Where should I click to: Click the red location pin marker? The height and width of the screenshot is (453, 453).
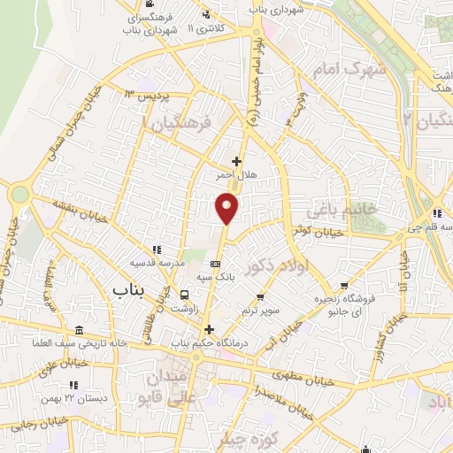click(227, 208)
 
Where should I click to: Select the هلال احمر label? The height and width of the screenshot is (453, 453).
click(236, 176)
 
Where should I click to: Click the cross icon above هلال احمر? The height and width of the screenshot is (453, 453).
click(236, 161)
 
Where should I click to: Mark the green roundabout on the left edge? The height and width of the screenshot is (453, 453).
click(19, 194)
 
